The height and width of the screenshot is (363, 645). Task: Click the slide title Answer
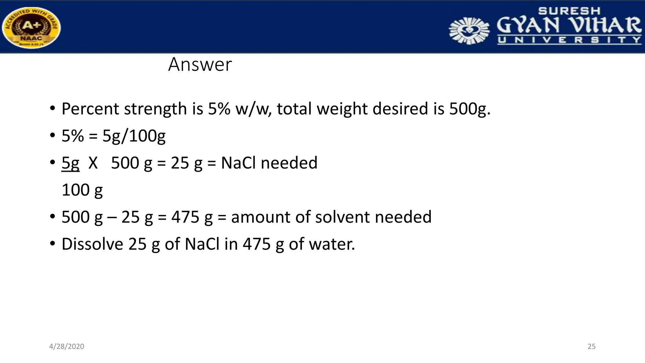point(200,65)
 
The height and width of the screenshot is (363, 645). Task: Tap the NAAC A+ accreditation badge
point(31,28)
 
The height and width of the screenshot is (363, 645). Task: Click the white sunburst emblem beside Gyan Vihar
point(469,31)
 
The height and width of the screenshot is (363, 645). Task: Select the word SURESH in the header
point(569,11)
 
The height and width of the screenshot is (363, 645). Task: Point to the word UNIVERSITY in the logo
point(569,40)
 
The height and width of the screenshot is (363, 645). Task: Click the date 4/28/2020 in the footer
point(66,347)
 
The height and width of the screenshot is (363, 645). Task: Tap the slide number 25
point(591,347)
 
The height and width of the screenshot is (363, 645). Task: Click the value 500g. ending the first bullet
point(470,109)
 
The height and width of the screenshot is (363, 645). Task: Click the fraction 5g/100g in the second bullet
point(134,136)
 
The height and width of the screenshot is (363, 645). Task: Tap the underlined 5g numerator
point(70,163)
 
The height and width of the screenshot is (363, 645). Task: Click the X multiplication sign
point(93,163)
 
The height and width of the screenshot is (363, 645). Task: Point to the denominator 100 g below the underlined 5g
point(82,190)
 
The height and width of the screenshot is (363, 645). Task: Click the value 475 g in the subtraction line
point(192,217)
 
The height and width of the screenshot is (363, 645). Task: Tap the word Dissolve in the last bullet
point(92,244)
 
